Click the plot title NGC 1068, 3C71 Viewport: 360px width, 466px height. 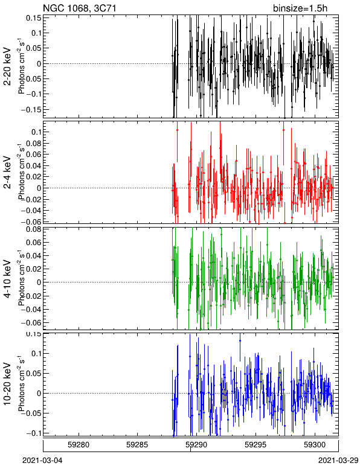pos(79,8)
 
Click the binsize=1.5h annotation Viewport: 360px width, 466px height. pos(300,8)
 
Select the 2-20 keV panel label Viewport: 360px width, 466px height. pos(7,66)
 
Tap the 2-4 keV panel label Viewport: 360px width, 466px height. pos(7,173)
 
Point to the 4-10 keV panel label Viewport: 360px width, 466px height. pos(7,279)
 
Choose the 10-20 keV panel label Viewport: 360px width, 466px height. pos(7,385)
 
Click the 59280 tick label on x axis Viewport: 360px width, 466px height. pos(79,445)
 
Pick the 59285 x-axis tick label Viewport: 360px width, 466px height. pos(137,445)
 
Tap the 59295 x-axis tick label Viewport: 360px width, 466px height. pos(256,445)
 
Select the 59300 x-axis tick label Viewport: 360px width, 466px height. pos(315,445)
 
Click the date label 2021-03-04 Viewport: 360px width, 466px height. pos(42,461)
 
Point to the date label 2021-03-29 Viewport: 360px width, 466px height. pos(338,461)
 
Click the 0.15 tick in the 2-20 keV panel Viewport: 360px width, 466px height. pos(33,18)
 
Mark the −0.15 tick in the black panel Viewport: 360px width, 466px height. pos(31,109)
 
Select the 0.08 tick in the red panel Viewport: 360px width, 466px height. pos(33,143)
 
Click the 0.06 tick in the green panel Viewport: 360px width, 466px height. pos(33,243)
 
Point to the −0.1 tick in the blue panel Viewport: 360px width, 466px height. pos(33,433)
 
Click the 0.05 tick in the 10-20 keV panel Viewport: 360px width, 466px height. pos(33,373)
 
